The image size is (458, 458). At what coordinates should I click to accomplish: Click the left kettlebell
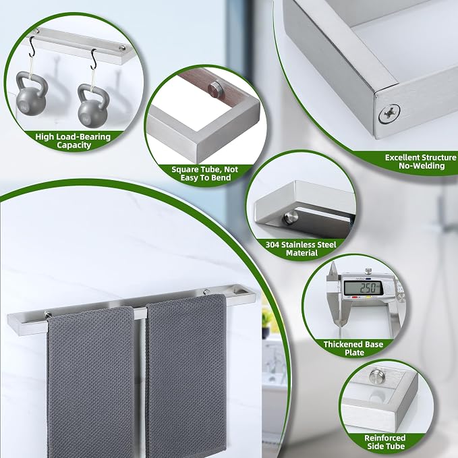point(31,94)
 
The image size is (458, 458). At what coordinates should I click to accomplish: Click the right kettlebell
point(94,105)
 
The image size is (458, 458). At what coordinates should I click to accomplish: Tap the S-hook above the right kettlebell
point(94,59)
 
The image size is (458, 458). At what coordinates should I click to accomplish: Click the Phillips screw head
point(389,113)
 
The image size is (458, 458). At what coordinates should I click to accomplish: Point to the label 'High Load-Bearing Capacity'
point(73,141)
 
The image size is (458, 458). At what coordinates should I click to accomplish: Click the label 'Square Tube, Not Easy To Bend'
point(205,173)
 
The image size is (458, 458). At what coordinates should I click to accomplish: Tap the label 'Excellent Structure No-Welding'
point(420,161)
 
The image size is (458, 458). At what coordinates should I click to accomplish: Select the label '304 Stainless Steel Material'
point(301,249)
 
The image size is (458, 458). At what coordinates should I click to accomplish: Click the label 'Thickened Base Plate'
point(353,348)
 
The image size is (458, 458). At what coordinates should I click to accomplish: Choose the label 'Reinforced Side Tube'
point(385,442)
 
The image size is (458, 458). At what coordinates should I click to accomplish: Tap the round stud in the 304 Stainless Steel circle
point(290,217)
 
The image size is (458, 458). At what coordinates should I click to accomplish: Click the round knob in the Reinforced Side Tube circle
point(377,376)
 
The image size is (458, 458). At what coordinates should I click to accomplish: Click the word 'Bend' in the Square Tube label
point(221,177)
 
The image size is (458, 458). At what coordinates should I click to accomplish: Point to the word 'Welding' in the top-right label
point(430,166)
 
